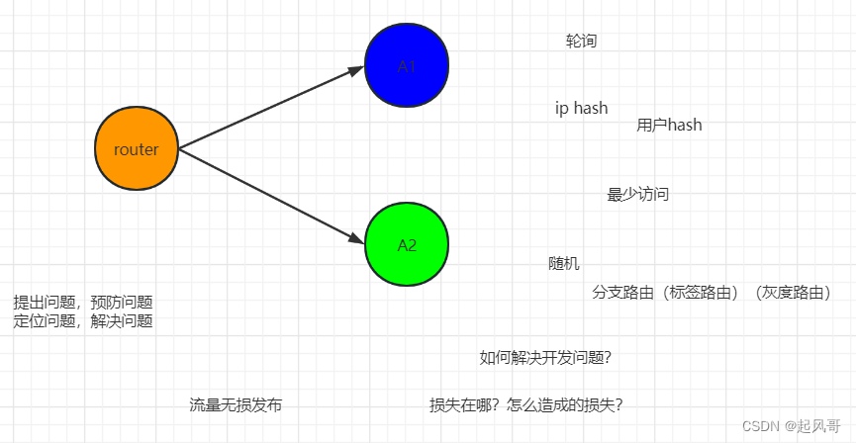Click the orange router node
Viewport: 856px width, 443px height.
[x=137, y=149]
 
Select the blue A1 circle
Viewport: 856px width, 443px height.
[x=407, y=66]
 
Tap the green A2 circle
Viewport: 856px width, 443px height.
[x=407, y=245]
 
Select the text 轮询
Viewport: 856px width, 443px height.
[x=581, y=41]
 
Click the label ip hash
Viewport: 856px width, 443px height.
[x=581, y=108]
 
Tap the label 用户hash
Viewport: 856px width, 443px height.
[x=669, y=125]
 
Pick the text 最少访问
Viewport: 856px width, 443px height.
[x=637, y=194]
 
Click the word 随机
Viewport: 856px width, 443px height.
[x=564, y=264]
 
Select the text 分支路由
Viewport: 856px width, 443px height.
[x=623, y=293]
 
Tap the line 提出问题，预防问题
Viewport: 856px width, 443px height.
[x=82, y=303]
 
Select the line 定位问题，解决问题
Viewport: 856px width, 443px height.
[x=82, y=321]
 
